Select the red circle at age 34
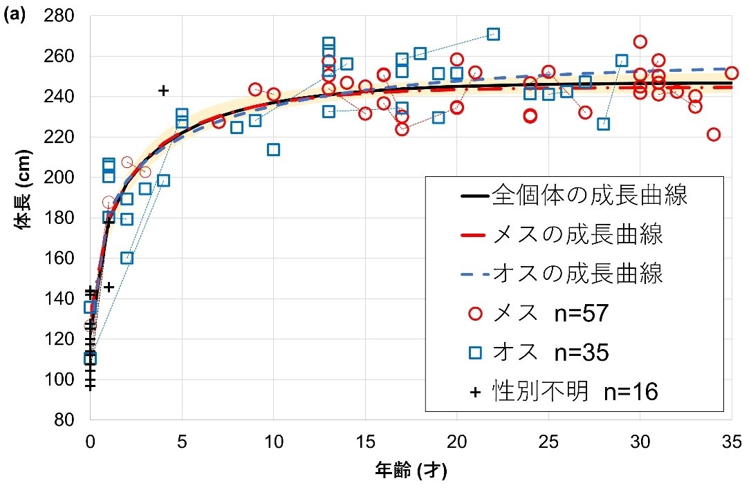coord(714,134)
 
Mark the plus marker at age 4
coord(163,91)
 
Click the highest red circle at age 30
coord(640,41)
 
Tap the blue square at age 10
coord(273,149)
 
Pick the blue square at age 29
coord(622,61)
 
